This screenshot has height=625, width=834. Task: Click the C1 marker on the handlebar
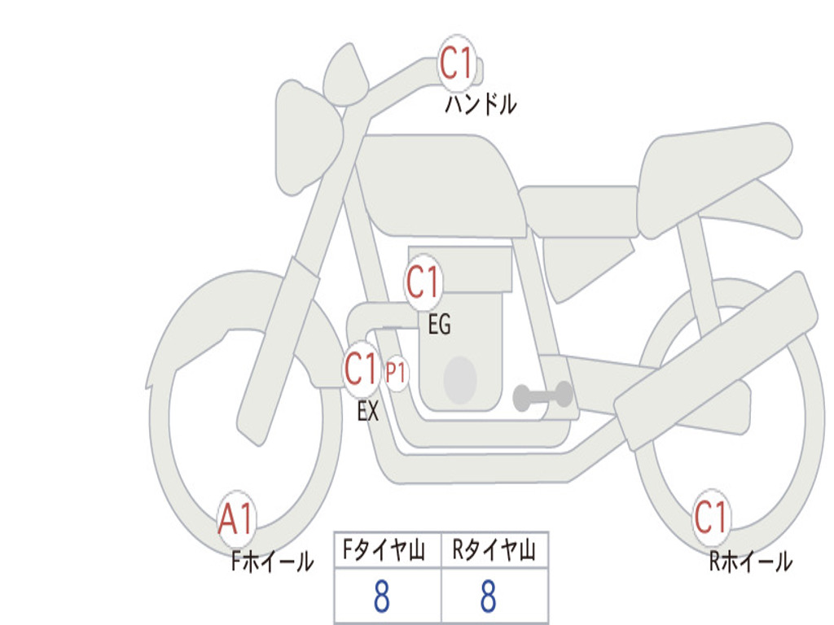click(x=457, y=63)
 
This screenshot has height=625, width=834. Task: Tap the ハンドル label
click(x=481, y=103)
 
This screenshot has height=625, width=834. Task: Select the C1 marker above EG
click(x=424, y=282)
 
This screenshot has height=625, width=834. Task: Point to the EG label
click(x=439, y=324)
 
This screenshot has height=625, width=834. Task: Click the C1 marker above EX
click(x=362, y=369)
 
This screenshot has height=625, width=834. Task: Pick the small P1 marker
click(x=396, y=373)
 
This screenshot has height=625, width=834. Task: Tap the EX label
click(x=368, y=411)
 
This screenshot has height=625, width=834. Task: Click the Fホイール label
click(x=272, y=562)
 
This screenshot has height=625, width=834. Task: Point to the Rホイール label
click(x=750, y=562)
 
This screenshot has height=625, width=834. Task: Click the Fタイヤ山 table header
click(x=384, y=550)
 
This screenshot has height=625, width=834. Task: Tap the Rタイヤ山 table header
click(x=494, y=550)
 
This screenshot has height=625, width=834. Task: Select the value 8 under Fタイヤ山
click(x=382, y=596)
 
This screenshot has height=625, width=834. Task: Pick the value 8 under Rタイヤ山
click(x=489, y=596)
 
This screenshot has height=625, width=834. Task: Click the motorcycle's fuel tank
click(x=441, y=183)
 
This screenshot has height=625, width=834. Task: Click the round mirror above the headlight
click(x=345, y=74)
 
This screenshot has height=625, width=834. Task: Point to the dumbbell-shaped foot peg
click(x=543, y=396)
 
